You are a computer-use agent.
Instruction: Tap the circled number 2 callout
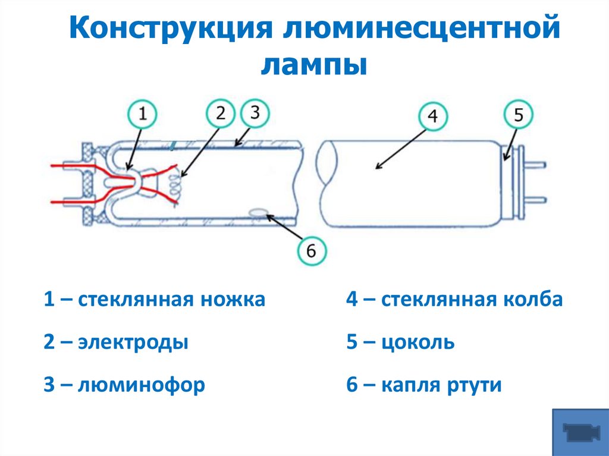pyautogui.click(x=221, y=113)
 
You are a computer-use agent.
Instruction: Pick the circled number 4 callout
pyautogui.click(x=433, y=117)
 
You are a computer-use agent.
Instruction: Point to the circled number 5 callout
pyautogui.click(x=518, y=115)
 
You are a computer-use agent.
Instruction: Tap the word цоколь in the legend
pyautogui.click(x=418, y=342)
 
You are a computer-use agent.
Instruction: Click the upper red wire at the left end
pyautogui.click(x=65, y=166)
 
